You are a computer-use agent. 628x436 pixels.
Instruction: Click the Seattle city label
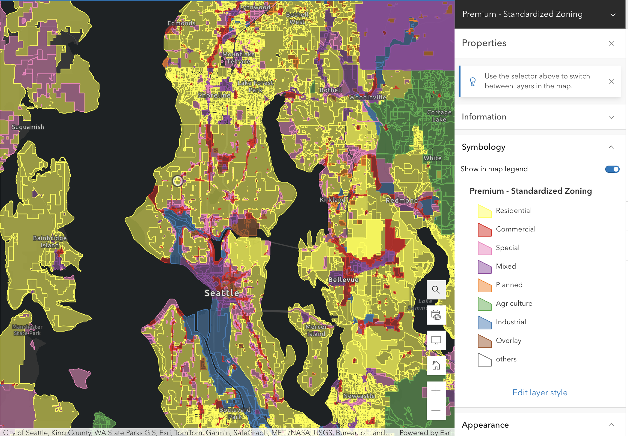click(x=222, y=293)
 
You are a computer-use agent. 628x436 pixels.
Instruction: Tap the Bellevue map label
click(x=343, y=280)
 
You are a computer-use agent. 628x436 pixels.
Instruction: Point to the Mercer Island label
click(x=316, y=330)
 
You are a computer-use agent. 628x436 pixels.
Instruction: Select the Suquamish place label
click(x=28, y=127)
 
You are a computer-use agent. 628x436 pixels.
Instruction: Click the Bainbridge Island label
click(x=50, y=242)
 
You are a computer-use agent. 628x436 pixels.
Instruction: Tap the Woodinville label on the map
click(x=368, y=97)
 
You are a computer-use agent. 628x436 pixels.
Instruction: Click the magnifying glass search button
click(x=436, y=290)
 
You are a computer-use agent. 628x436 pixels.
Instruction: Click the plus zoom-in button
click(x=436, y=391)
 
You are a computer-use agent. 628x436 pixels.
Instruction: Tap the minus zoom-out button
click(x=436, y=410)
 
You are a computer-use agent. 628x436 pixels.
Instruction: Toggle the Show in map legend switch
click(x=612, y=169)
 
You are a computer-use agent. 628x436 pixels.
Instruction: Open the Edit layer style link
click(x=540, y=392)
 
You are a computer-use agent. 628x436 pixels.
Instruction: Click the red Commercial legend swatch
click(x=484, y=230)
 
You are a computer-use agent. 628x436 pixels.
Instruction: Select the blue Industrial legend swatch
click(x=484, y=323)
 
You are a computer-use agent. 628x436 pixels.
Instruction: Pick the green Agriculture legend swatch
click(x=484, y=304)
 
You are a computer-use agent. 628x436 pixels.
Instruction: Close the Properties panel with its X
click(x=611, y=43)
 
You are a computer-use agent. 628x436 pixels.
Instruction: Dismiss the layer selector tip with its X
click(x=611, y=81)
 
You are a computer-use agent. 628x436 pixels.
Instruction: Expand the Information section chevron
click(x=611, y=117)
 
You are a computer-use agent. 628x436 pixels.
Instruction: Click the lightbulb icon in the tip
click(x=473, y=81)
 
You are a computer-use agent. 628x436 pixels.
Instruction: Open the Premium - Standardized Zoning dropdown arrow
click(x=613, y=14)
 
